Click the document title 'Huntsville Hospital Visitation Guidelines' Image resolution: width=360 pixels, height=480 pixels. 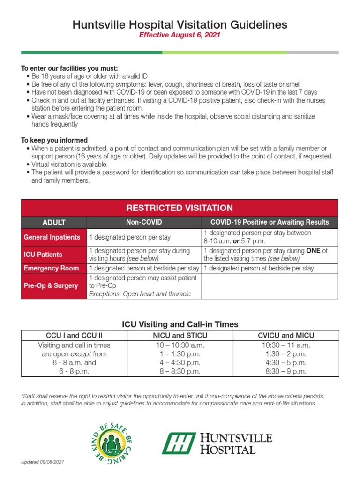click(x=180, y=24)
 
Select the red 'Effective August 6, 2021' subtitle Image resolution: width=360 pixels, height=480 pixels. click(x=180, y=35)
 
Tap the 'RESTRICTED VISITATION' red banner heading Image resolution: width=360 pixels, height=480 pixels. click(x=180, y=208)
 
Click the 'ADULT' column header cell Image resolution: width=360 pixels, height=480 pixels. click(x=54, y=222)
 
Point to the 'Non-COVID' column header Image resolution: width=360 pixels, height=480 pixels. click(x=144, y=222)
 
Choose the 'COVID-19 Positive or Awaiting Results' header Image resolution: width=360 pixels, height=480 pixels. click(x=270, y=222)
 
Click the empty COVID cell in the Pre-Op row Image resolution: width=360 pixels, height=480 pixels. click(x=270, y=285)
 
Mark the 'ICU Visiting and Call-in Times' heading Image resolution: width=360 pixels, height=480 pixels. click(x=180, y=324)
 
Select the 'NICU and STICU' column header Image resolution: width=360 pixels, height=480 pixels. click(x=180, y=336)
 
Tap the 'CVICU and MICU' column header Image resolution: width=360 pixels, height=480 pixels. click(x=286, y=336)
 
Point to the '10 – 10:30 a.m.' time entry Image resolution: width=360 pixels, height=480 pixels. click(x=180, y=345)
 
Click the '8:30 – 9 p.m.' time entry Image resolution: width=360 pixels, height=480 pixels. click(x=286, y=371)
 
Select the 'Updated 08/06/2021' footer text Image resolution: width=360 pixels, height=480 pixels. click(x=42, y=462)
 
